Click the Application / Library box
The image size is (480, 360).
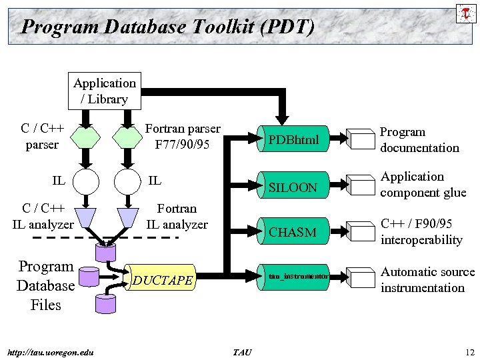(105, 91)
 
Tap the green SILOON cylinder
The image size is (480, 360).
(294, 187)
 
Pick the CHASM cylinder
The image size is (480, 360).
(294, 232)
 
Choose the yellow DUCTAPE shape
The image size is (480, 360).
(163, 280)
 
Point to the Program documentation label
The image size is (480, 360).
(419, 140)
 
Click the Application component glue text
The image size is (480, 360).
(423, 185)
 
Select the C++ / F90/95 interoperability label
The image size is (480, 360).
(421, 231)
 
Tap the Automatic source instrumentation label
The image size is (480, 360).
(427, 280)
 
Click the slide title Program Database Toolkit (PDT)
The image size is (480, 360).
(167, 27)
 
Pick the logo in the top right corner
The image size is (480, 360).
(465, 13)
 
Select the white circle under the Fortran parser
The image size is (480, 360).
(127, 181)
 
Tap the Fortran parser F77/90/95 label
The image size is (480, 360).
(182, 137)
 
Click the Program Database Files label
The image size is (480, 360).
(45, 286)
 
